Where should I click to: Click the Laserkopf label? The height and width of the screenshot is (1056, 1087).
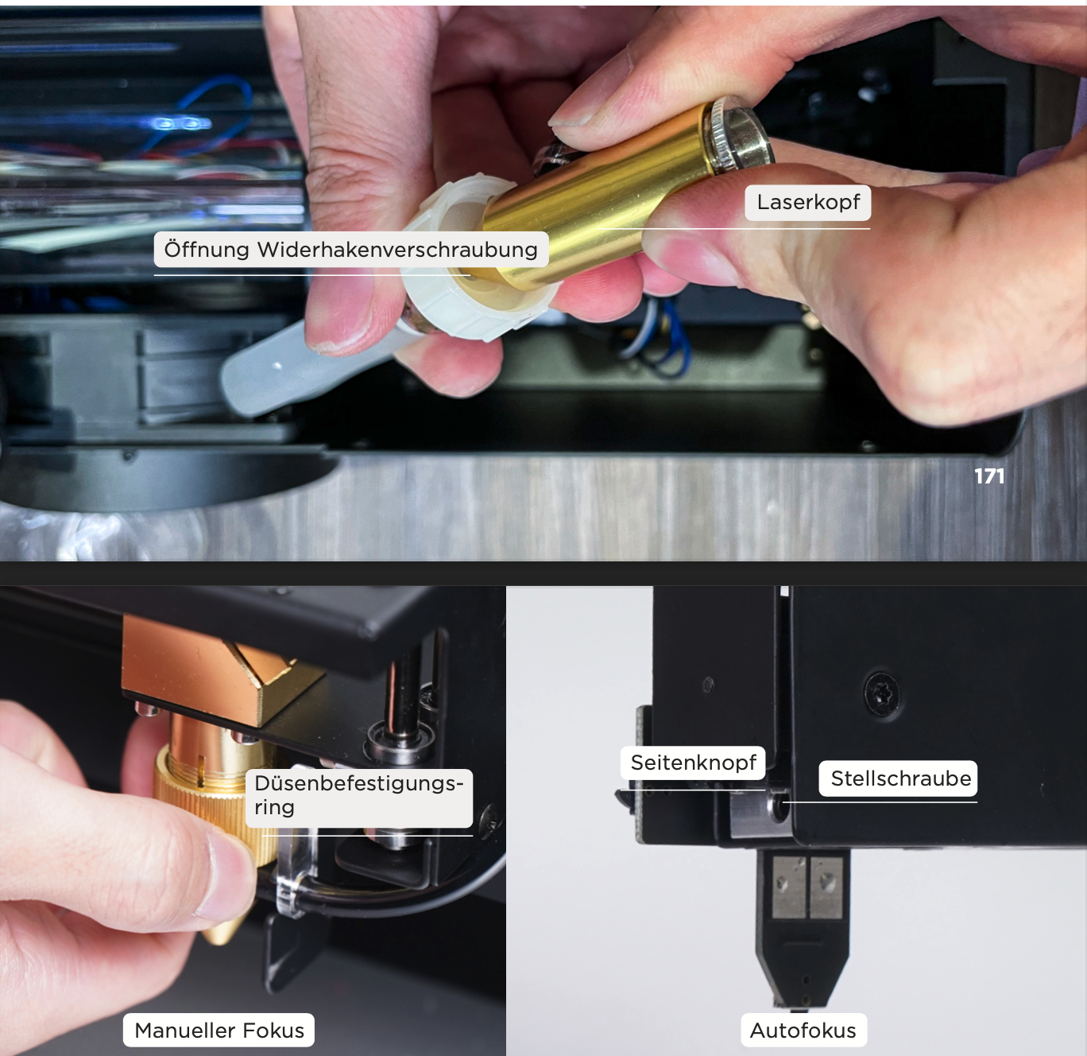click(x=808, y=202)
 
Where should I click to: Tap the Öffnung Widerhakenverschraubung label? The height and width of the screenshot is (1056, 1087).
click(x=350, y=250)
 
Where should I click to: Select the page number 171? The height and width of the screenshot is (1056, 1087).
click(x=989, y=476)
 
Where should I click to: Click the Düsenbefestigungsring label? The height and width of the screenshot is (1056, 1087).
click(x=358, y=795)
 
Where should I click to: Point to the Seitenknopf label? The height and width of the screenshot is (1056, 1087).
click(x=693, y=763)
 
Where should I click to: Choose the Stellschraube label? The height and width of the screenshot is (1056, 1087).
click(x=898, y=778)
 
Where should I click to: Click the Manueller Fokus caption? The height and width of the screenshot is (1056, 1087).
click(x=219, y=1030)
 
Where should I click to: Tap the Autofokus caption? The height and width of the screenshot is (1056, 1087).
click(x=803, y=1030)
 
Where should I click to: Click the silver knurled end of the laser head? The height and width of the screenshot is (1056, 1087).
click(x=737, y=134)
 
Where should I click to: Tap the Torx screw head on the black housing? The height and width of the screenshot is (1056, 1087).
click(x=881, y=693)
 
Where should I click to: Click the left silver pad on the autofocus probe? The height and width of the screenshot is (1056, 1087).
click(x=789, y=888)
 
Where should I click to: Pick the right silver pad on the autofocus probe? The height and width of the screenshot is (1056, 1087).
click(x=826, y=888)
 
